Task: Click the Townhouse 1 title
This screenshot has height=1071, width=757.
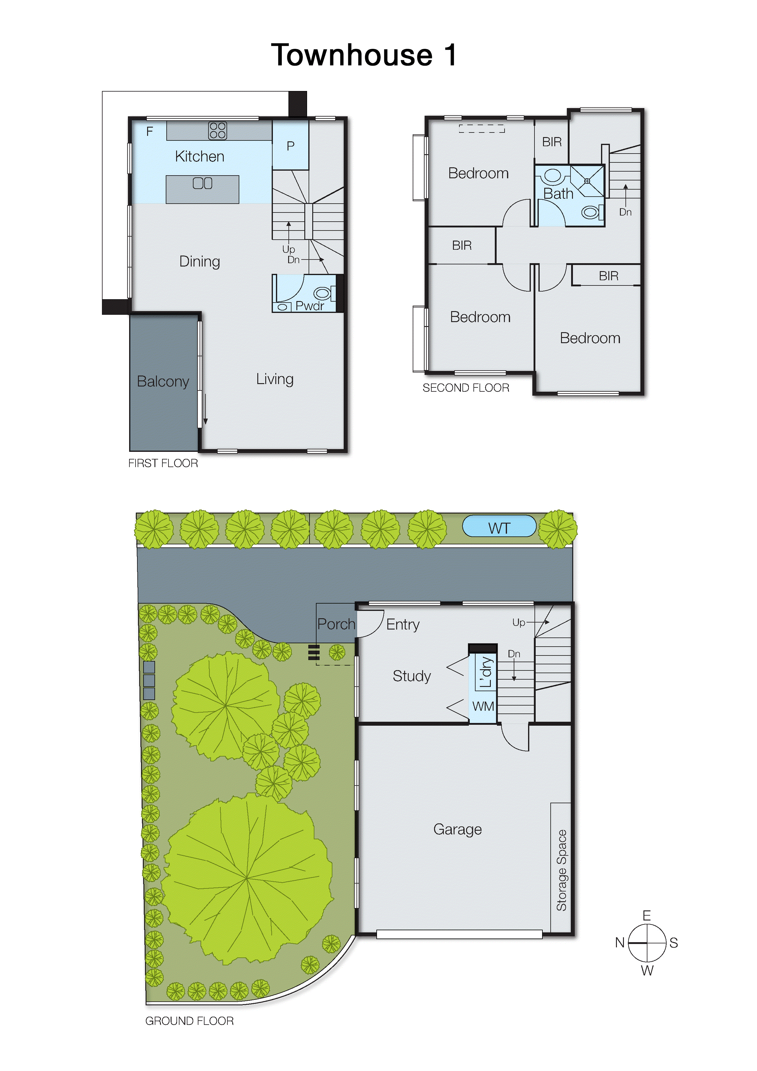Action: click(364, 55)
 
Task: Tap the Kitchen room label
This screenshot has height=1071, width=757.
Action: click(200, 156)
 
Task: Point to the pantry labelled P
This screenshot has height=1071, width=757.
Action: click(290, 146)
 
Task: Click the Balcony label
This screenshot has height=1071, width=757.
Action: click(163, 382)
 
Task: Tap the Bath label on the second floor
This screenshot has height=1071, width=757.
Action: click(558, 193)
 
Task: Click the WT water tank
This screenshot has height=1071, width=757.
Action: click(499, 528)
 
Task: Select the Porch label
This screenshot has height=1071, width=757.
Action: click(336, 624)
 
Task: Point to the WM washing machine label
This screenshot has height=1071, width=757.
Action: click(483, 706)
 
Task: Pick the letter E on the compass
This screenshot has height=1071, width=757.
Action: click(647, 915)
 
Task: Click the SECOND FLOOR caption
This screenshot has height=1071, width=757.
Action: click(465, 388)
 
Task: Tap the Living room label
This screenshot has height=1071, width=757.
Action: click(275, 379)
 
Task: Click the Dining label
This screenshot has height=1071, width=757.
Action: click(200, 261)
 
